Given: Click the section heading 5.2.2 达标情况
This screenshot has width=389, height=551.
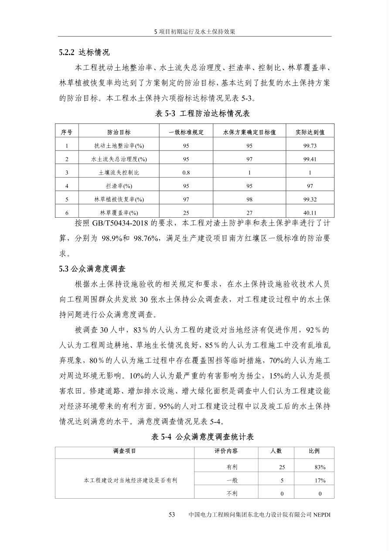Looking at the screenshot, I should pos(84,52).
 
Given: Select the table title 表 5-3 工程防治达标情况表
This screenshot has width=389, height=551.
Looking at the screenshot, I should pos(202,113).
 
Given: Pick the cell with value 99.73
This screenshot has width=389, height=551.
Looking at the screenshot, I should pos(310,146).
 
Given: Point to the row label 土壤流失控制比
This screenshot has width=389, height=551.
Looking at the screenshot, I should pos(119,173).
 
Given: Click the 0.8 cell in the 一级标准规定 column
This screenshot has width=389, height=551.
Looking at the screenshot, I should pos(186,173).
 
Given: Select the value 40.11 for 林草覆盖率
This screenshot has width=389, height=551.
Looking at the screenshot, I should pos(310,213).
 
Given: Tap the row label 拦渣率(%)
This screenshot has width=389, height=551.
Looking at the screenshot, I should pos(119,186).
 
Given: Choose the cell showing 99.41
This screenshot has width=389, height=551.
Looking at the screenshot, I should pos(310,159).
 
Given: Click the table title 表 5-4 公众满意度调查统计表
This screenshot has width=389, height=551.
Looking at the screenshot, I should pos(202,437).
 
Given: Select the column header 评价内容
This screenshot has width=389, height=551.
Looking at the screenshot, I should pos(226,451).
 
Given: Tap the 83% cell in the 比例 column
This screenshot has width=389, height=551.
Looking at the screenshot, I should pos(320,467).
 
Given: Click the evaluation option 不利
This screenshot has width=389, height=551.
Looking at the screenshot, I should pos(232,494).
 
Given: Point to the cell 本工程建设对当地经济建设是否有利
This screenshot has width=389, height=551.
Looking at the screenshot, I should pos(130,480).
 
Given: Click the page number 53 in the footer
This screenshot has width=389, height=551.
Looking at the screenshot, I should pos(172,515).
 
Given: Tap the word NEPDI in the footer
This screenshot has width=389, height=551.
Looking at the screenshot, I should pos(322,515).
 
